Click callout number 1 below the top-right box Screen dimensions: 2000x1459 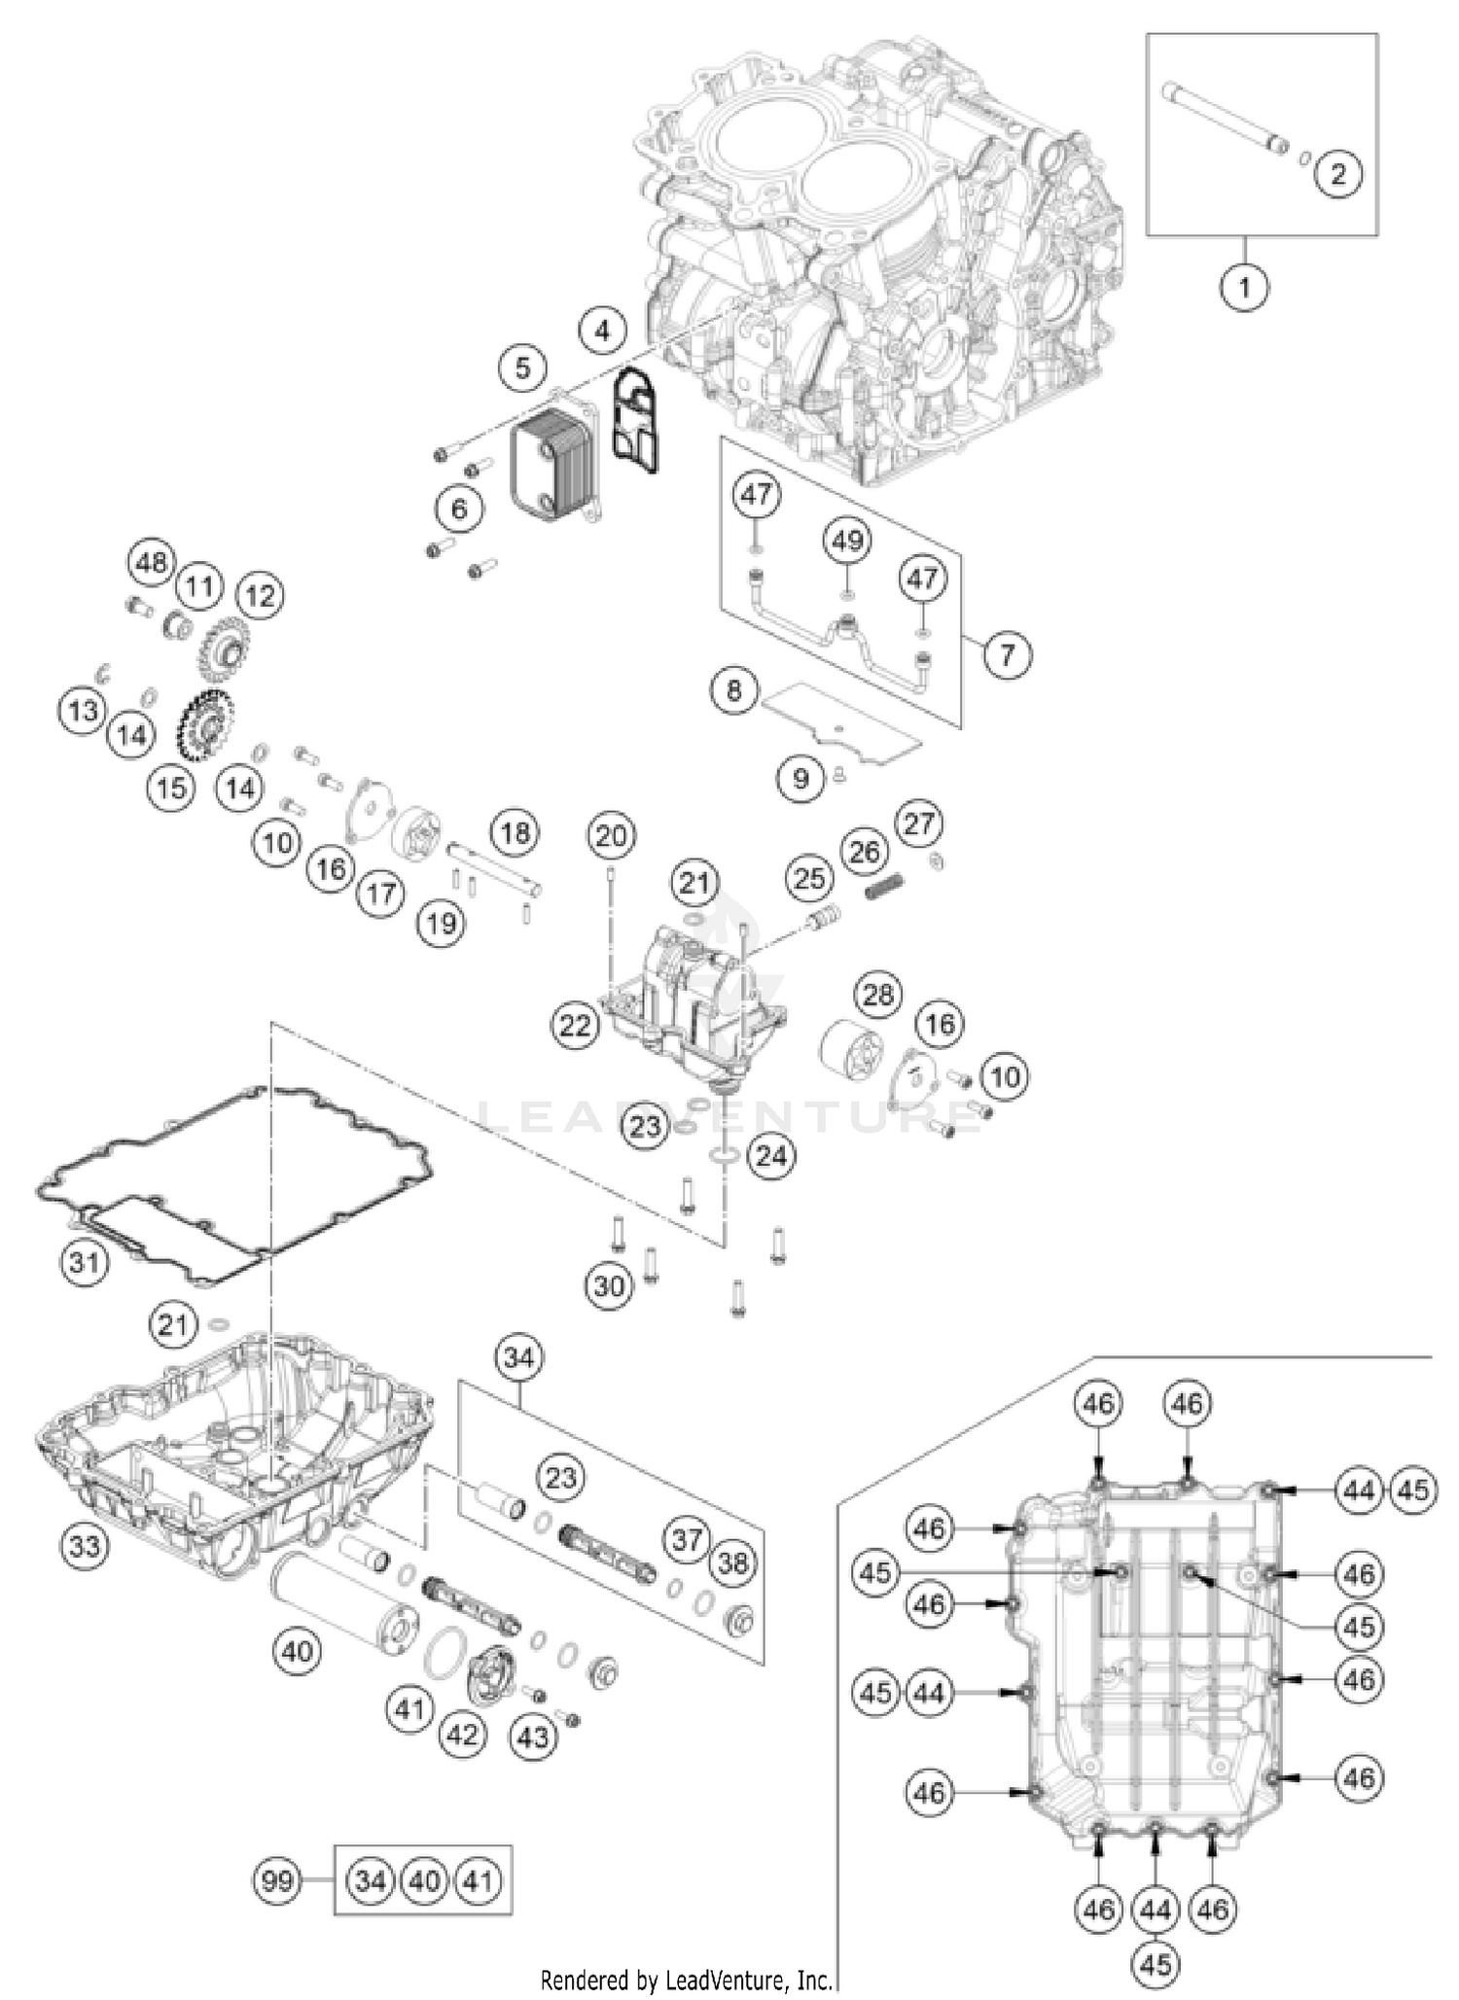[1244, 287]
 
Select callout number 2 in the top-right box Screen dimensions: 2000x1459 [1338, 174]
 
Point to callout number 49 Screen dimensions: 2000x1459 [847, 540]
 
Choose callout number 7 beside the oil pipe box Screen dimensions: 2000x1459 [1007, 653]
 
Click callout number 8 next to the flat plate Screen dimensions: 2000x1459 [734, 690]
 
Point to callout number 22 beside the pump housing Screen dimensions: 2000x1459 [575, 1024]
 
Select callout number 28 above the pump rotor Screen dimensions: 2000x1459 [877, 994]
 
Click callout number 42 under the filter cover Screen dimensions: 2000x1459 [462, 1735]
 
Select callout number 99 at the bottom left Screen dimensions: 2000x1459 [277, 1881]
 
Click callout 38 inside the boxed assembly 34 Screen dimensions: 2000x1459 [733, 1562]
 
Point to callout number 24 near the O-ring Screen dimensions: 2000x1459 [770, 1156]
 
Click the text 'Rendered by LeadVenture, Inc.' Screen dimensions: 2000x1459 [686, 1979]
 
